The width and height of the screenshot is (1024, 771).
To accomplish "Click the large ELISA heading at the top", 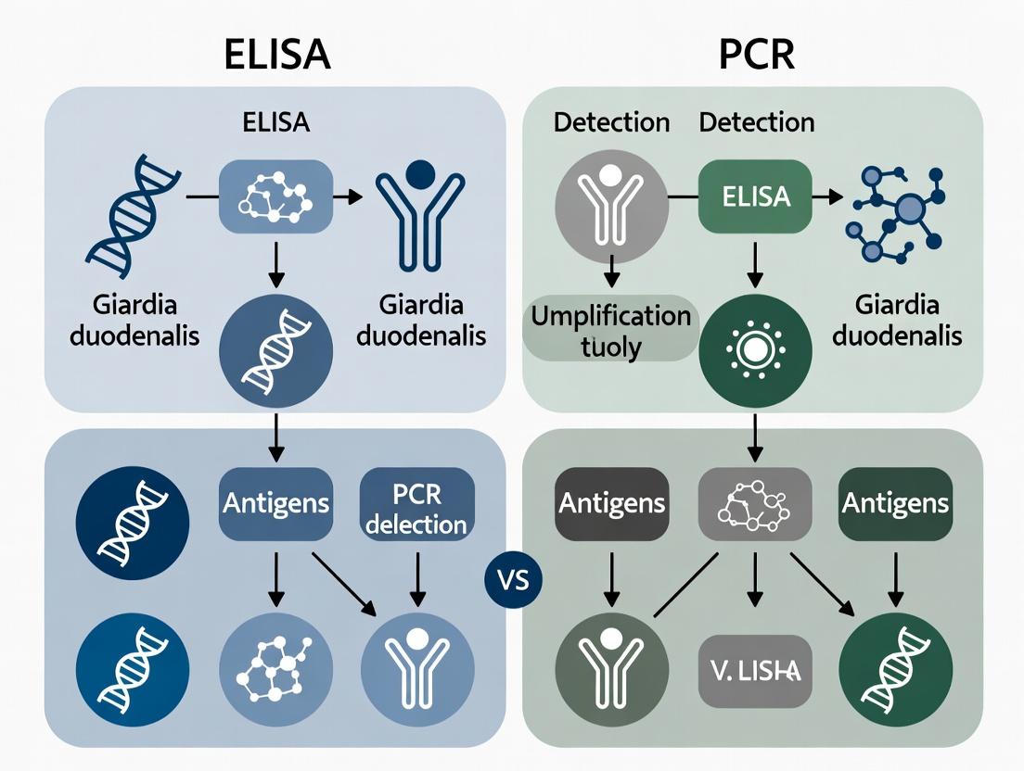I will pyautogui.click(x=277, y=55).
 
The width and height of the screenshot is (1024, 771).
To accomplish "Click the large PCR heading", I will pyautogui.click(x=757, y=55).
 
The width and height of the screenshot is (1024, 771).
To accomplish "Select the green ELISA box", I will pyautogui.click(x=754, y=196).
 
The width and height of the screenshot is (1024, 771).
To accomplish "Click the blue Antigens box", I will pyautogui.click(x=275, y=504).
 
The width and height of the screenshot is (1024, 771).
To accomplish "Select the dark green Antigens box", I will pyautogui.click(x=895, y=503).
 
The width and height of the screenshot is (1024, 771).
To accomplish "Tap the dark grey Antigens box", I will pyautogui.click(x=611, y=503).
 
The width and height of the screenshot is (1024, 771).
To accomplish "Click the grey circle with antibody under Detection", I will pyautogui.click(x=611, y=199).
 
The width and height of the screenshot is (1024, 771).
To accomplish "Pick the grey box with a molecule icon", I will pyautogui.click(x=754, y=503).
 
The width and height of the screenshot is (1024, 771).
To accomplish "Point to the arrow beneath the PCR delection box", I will pyautogui.click(x=416, y=582).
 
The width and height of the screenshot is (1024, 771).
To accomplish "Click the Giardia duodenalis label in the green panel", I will pyautogui.click(x=896, y=319).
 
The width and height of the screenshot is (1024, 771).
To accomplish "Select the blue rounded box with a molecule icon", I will pyautogui.click(x=275, y=196).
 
